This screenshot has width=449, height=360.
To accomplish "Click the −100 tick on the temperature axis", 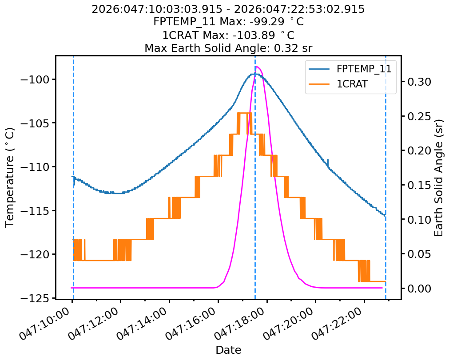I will coord(37,79).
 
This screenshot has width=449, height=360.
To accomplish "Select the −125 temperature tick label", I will coord(37,298).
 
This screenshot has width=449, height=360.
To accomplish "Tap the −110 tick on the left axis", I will coord(37,167).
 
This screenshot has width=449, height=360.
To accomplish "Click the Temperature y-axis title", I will coord(10,177).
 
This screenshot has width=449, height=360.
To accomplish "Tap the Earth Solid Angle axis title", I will coord(439,177).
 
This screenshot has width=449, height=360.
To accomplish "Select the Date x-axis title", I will coord(228,350).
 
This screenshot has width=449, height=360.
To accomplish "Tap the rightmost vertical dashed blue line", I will coord(385,177).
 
